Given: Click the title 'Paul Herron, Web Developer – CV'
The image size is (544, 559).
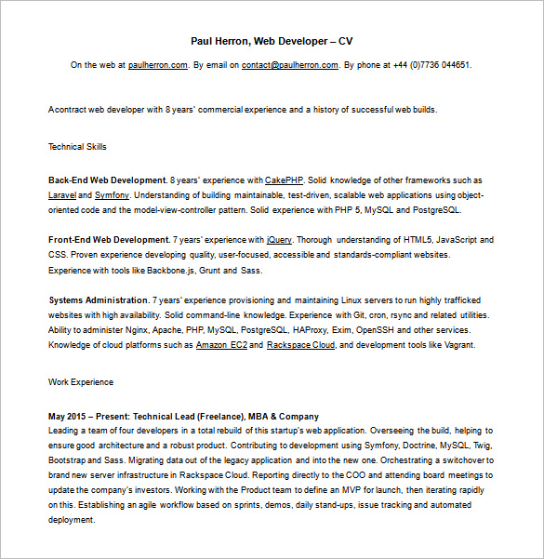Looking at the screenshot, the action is (272, 41).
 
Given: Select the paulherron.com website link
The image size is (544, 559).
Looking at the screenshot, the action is (158, 65).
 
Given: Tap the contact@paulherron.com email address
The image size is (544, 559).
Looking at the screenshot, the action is (289, 65).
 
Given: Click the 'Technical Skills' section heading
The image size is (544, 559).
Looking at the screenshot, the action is (77, 146).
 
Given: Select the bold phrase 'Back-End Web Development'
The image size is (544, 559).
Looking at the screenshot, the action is (107, 180).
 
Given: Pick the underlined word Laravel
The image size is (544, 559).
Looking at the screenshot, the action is (62, 195).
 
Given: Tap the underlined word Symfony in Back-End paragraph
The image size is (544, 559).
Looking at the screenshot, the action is (112, 195).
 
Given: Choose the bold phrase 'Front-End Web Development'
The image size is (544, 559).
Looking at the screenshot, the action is (108, 240).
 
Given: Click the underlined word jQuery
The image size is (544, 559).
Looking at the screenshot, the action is (279, 240).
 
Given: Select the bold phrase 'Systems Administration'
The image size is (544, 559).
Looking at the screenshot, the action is (98, 300).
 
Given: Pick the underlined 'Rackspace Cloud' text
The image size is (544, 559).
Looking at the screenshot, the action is (300, 345).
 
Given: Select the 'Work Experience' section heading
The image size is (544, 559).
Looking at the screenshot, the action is (81, 381).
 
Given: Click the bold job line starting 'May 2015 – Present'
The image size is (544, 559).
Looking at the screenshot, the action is (183, 416).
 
